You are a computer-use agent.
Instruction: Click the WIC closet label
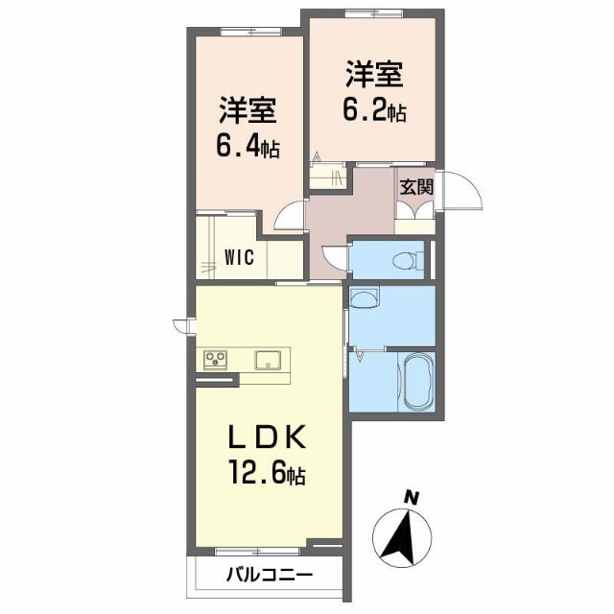[x=240, y=256]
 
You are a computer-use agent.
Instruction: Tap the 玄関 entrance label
[x=416, y=186]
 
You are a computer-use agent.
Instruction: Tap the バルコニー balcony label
[x=269, y=577]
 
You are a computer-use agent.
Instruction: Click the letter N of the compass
[x=412, y=497]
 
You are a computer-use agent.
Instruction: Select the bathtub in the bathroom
[x=417, y=382]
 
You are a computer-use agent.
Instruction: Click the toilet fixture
[x=407, y=259]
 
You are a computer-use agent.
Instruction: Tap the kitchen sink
[x=267, y=360]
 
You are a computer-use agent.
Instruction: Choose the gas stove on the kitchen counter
[x=214, y=360]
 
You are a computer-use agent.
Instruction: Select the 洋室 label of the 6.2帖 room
[x=374, y=73]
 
